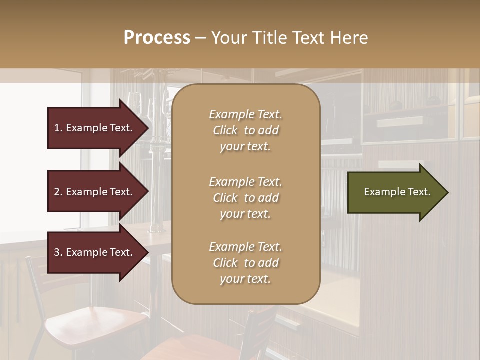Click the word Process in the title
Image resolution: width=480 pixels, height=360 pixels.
157,38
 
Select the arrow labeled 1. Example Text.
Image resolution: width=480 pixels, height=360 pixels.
95,128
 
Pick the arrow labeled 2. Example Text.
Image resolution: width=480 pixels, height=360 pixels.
95,192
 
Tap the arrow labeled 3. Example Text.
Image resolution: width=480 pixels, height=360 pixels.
95,252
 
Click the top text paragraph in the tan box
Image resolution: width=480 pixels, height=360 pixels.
245,130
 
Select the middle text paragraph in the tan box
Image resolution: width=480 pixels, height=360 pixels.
245,198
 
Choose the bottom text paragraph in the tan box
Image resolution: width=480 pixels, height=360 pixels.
245,263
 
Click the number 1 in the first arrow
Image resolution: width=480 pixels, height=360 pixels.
57,128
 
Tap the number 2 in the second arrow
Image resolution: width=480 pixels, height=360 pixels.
57,192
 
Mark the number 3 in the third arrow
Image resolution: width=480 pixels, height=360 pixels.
57,252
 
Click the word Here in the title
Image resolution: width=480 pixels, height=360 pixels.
349,38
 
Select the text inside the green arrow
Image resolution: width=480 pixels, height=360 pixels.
397,192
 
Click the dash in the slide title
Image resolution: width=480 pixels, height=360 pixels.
200,38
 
